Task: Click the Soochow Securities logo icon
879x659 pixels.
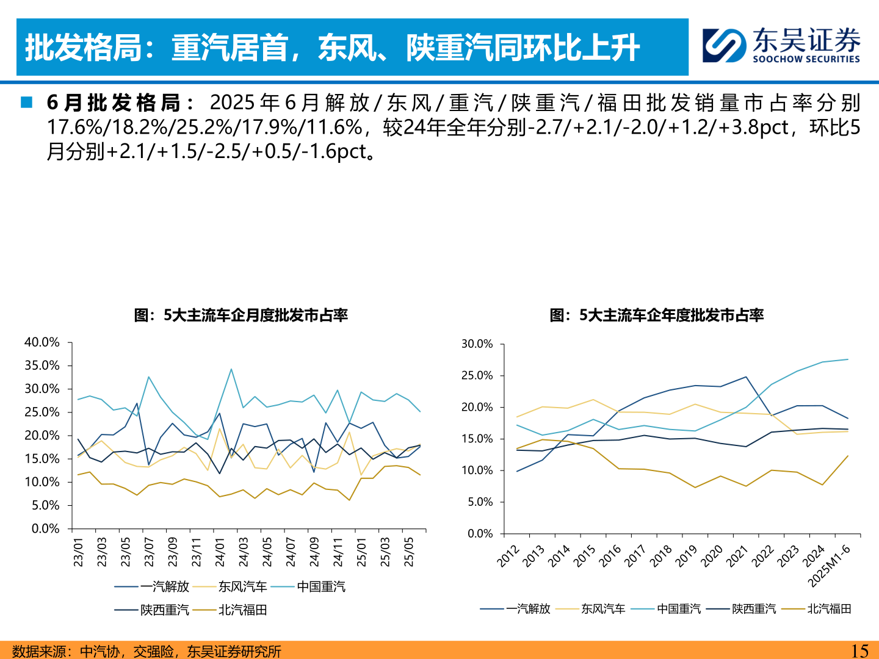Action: point(724,45)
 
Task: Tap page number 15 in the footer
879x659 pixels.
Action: point(859,650)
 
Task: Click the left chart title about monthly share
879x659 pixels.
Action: point(241,315)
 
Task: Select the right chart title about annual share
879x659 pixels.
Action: point(656,315)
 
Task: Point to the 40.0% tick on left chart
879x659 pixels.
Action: point(42,342)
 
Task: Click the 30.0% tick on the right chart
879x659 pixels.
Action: point(477,344)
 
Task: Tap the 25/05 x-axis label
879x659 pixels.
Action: point(408,552)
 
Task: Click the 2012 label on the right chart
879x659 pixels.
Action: point(508,556)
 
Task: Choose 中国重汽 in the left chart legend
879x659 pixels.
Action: point(321,586)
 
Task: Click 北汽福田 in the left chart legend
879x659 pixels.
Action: point(242,610)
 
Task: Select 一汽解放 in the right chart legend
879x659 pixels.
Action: point(528,608)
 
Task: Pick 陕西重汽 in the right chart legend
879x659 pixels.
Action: point(754,608)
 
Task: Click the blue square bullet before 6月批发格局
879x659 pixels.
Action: point(26,103)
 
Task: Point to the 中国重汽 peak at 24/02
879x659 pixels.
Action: point(231,369)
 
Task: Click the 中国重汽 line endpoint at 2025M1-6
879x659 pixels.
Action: point(848,359)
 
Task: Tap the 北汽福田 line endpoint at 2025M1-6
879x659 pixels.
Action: point(848,456)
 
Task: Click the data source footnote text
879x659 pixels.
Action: point(146,651)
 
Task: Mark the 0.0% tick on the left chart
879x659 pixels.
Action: point(45,528)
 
